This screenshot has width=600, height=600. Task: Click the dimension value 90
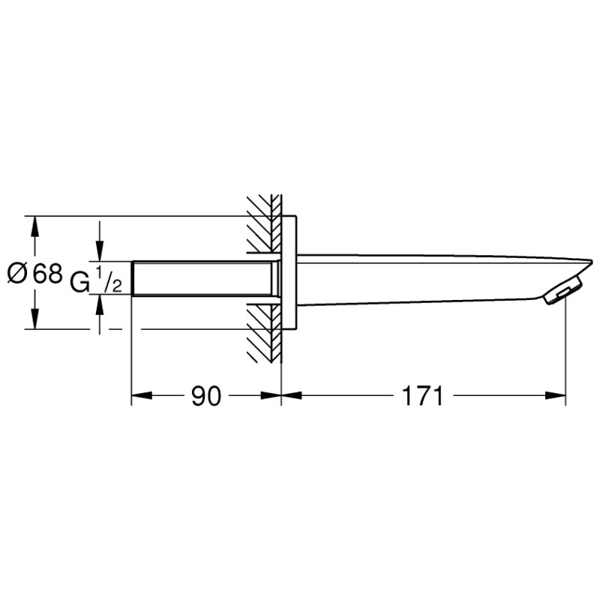(206, 396)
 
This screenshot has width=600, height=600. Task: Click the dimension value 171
(422, 396)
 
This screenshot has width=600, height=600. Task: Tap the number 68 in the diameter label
(47, 274)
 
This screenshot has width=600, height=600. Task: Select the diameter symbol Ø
(17, 274)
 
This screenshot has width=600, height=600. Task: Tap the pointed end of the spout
(592, 261)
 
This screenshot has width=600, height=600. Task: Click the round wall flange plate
(289, 272)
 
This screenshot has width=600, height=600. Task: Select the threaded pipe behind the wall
(205, 278)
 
